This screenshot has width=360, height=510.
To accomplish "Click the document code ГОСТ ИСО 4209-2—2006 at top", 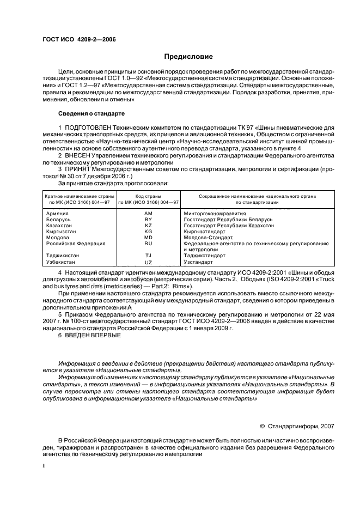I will click(79, 39).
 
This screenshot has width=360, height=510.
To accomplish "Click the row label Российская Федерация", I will click(76, 244).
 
